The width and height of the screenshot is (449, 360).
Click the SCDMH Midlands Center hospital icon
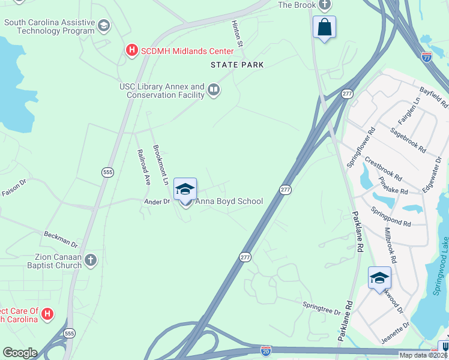[131, 52]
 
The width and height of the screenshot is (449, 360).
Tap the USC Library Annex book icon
[213, 91]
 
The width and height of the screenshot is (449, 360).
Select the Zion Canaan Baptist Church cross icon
[90, 260]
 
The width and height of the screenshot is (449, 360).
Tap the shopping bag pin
[324, 28]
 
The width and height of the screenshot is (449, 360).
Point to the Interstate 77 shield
[426, 58]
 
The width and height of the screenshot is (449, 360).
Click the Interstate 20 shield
[267, 350]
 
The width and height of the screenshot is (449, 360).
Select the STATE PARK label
[237, 65]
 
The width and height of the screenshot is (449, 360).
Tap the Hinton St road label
[238, 34]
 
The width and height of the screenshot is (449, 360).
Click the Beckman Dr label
[61, 239]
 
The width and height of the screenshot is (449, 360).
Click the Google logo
[20, 353]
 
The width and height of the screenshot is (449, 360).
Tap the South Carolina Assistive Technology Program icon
[104, 25]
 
